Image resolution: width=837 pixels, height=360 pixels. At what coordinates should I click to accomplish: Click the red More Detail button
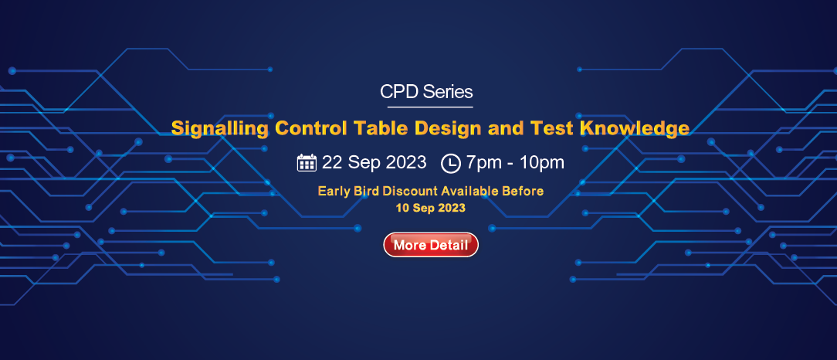pos(431,245)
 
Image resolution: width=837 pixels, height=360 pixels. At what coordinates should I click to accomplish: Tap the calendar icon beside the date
pos(307,162)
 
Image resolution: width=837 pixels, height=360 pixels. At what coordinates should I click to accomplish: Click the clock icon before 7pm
pos(450,163)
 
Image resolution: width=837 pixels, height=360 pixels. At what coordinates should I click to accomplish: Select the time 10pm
pos(542,162)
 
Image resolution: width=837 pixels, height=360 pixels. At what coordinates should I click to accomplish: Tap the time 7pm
pos(483,162)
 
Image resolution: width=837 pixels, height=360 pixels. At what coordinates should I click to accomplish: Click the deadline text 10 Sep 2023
pos(431,208)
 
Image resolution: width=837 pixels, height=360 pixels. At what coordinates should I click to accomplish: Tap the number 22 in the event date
pos(331,161)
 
